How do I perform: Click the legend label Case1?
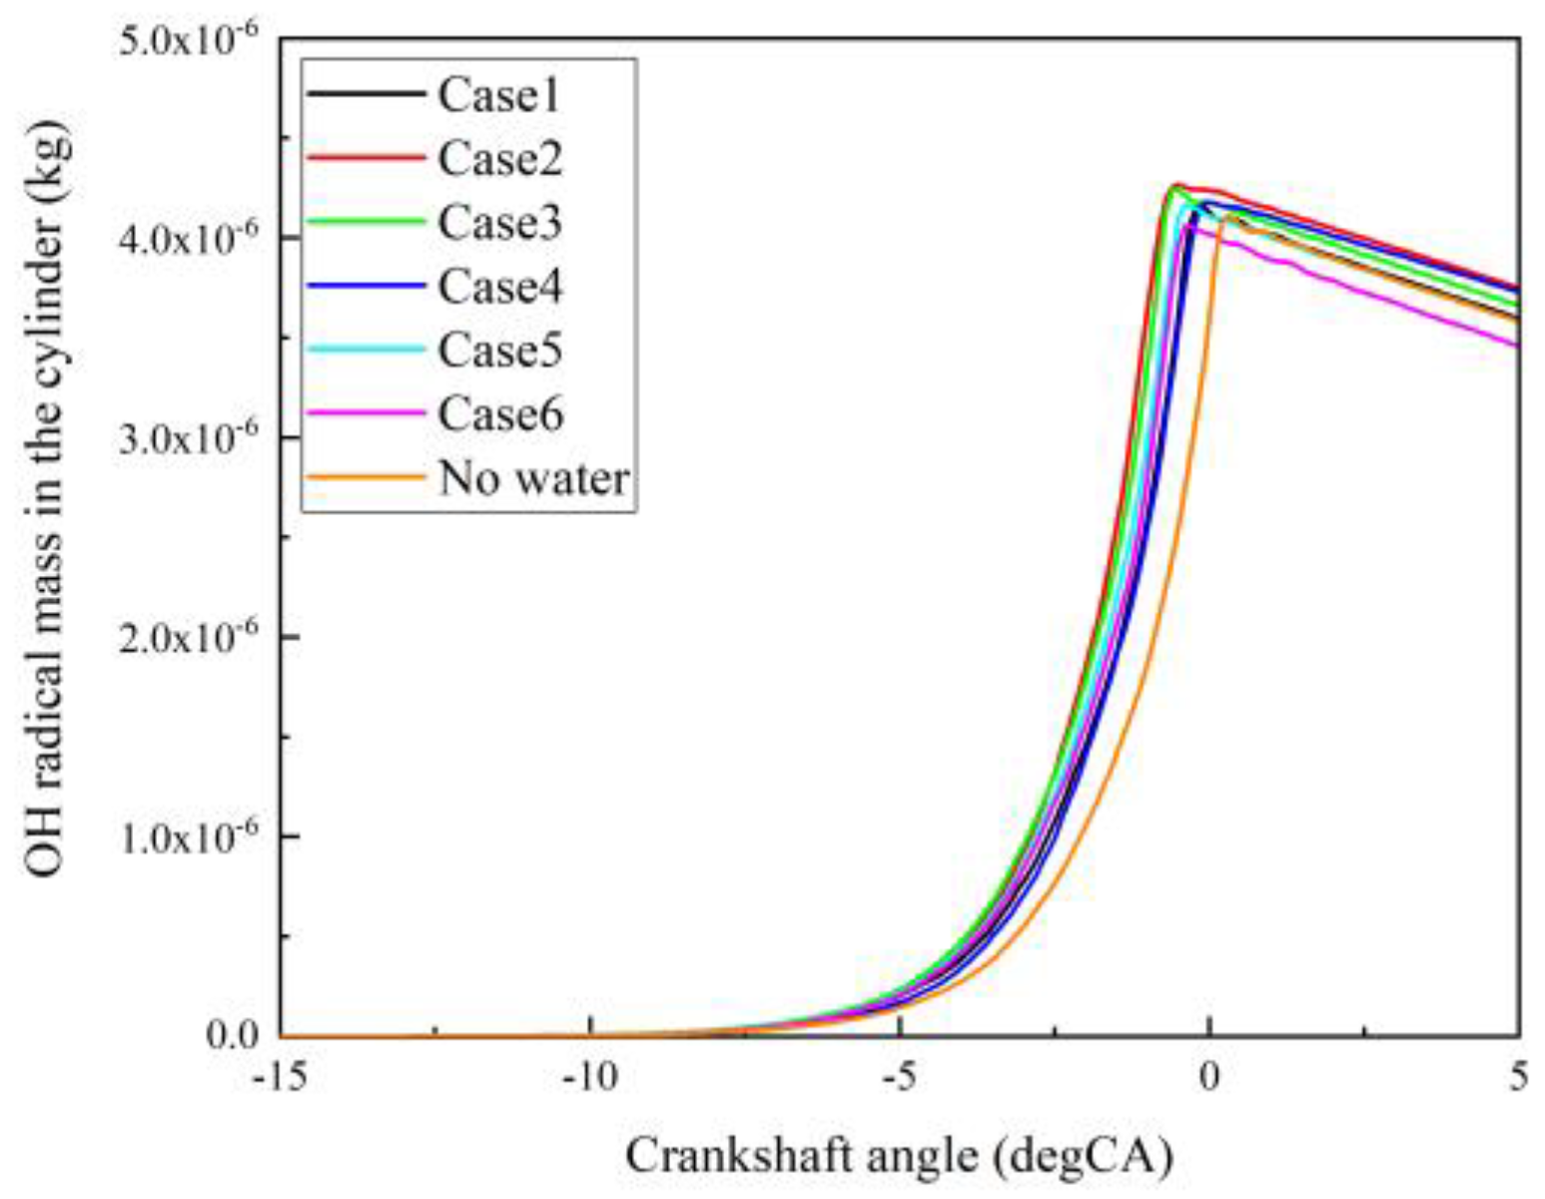tap(498, 95)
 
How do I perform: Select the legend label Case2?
tap(499, 159)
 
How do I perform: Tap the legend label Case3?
tap(499, 223)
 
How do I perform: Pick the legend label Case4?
tap(499, 287)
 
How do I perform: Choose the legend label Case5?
tap(499, 350)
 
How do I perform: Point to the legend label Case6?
tap(499, 414)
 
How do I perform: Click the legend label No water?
tap(533, 479)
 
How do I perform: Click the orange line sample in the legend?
tap(366, 478)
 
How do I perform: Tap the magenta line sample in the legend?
tap(366, 413)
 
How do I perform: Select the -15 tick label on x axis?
tap(281, 1078)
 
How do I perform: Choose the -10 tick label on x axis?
tap(590, 1078)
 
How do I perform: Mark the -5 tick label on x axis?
tap(900, 1078)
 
